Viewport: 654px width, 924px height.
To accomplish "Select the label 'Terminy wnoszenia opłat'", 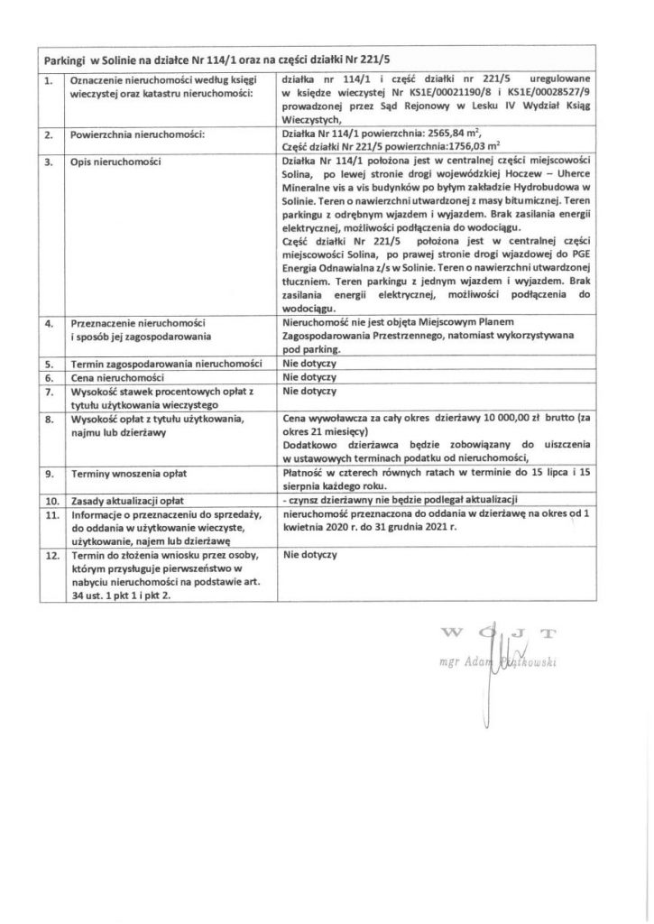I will pyautogui.click(x=123, y=472).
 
